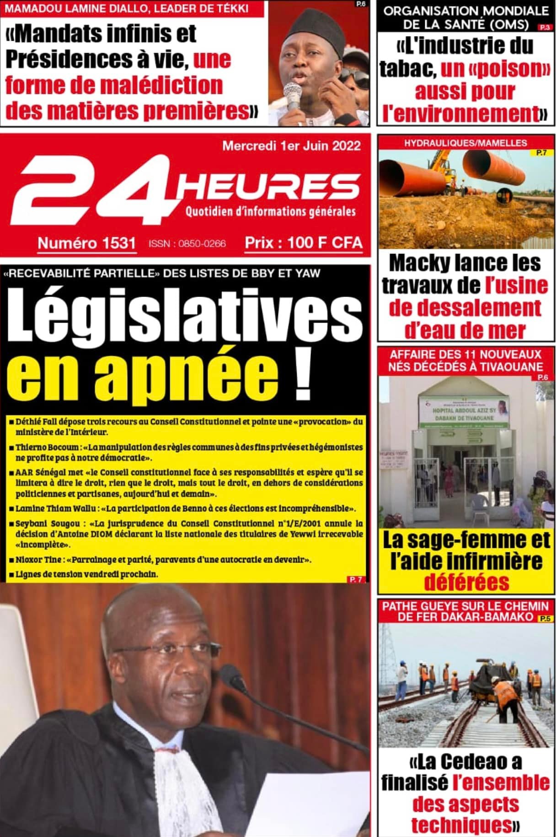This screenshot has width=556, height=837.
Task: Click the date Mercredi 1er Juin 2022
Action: click(291, 146)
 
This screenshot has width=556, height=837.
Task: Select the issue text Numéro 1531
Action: click(86, 243)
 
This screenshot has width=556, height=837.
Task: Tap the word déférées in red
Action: click(466, 582)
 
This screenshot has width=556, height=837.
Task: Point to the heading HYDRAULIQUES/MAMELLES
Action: click(465, 143)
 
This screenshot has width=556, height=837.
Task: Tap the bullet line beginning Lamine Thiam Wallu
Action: click(185, 508)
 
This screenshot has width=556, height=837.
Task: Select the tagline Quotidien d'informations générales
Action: click(270, 211)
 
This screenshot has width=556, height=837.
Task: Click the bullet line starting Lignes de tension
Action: click(86, 574)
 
